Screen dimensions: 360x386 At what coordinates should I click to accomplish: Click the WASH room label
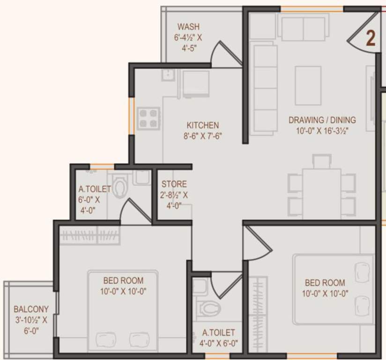tap(189, 26)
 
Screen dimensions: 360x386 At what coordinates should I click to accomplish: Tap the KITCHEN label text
tap(203, 125)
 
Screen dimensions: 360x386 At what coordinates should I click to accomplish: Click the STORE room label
tap(174, 184)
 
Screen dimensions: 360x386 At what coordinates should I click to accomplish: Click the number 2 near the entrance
tap(370, 39)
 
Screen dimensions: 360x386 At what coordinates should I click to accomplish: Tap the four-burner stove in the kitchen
tap(149, 118)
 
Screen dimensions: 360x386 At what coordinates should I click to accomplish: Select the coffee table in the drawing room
tap(308, 85)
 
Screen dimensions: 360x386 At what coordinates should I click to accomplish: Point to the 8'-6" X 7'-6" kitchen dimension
tap(202, 136)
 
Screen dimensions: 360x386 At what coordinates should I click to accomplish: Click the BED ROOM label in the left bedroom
tap(123, 280)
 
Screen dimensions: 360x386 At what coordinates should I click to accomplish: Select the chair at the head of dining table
tap(321, 161)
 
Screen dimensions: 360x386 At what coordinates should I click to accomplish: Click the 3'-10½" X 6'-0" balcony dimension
tap(31, 325)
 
